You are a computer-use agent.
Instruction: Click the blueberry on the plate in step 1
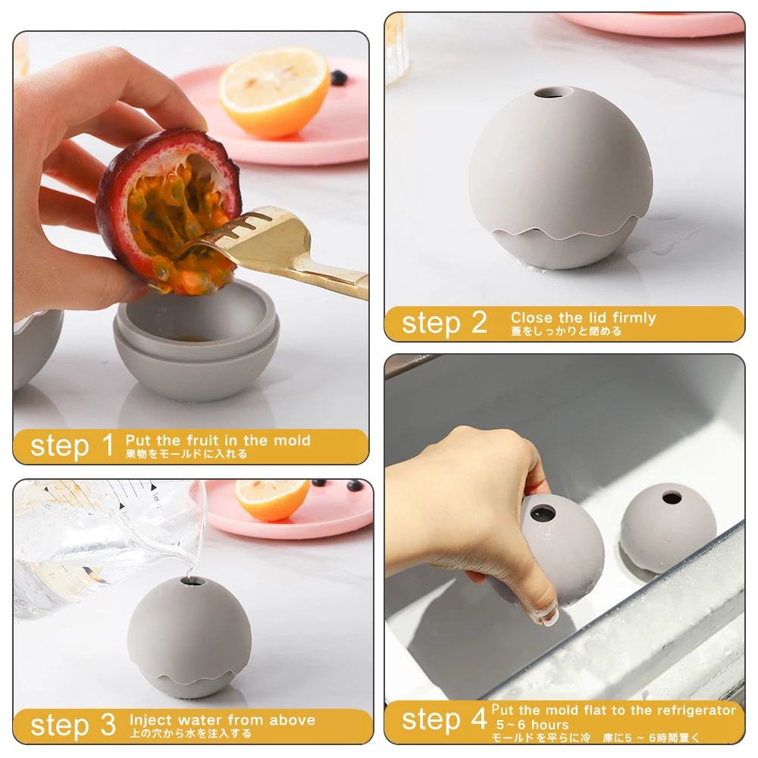337,77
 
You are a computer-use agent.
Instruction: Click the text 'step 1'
72,446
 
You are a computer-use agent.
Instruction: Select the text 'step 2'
444,323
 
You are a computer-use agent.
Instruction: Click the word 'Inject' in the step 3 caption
152,719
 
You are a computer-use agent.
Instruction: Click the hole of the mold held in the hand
543,513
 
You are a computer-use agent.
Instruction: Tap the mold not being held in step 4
668,527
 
